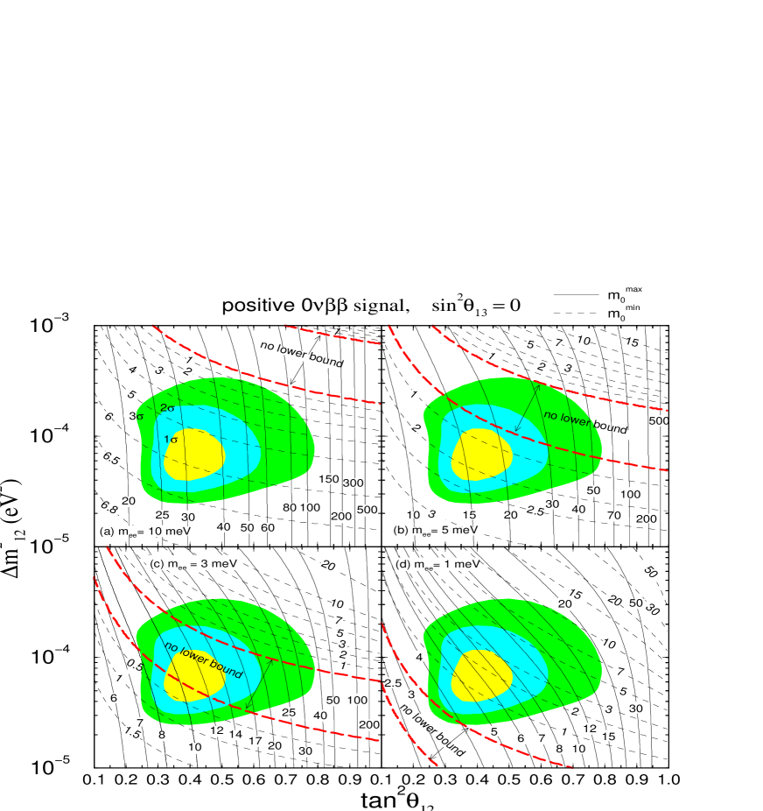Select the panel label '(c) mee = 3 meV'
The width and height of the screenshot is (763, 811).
coord(192,563)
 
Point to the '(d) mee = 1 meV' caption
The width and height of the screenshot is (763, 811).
coord(434,564)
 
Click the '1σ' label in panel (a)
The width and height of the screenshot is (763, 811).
coord(171,439)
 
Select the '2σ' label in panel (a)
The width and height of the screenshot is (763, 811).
coord(168,408)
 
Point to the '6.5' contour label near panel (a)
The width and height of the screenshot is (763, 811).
coord(111,457)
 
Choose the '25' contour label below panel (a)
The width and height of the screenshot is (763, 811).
coord(162,515)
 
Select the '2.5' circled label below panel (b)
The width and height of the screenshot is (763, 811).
coord(535,511)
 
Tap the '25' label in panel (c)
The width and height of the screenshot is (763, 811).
coord(289,713)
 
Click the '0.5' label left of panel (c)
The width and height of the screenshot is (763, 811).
coord(135,666)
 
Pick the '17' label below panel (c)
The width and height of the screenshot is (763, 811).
coord(256,741)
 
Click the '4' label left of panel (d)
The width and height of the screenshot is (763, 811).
coord(419,657)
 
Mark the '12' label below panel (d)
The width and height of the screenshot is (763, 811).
coord(589,729)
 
